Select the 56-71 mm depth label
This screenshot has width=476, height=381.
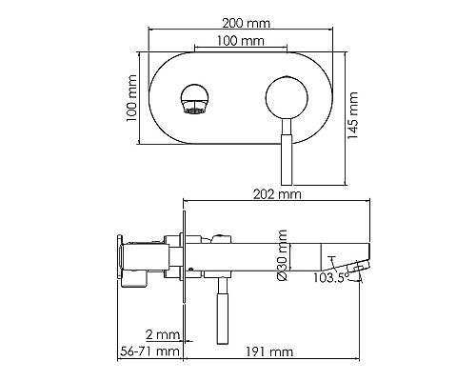click(153, 352)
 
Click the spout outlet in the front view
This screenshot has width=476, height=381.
click(193, 100)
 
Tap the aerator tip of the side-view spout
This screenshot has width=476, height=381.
click(358, 267)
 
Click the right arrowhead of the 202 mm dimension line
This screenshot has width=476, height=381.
click(367, 202)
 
